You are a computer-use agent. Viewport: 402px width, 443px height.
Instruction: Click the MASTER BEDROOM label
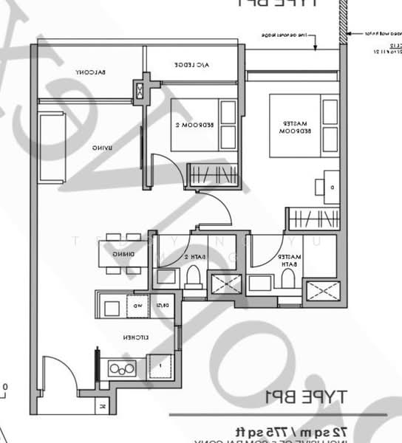tap(293, 126)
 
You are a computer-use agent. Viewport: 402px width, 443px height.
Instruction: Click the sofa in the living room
tap(52, 148)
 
